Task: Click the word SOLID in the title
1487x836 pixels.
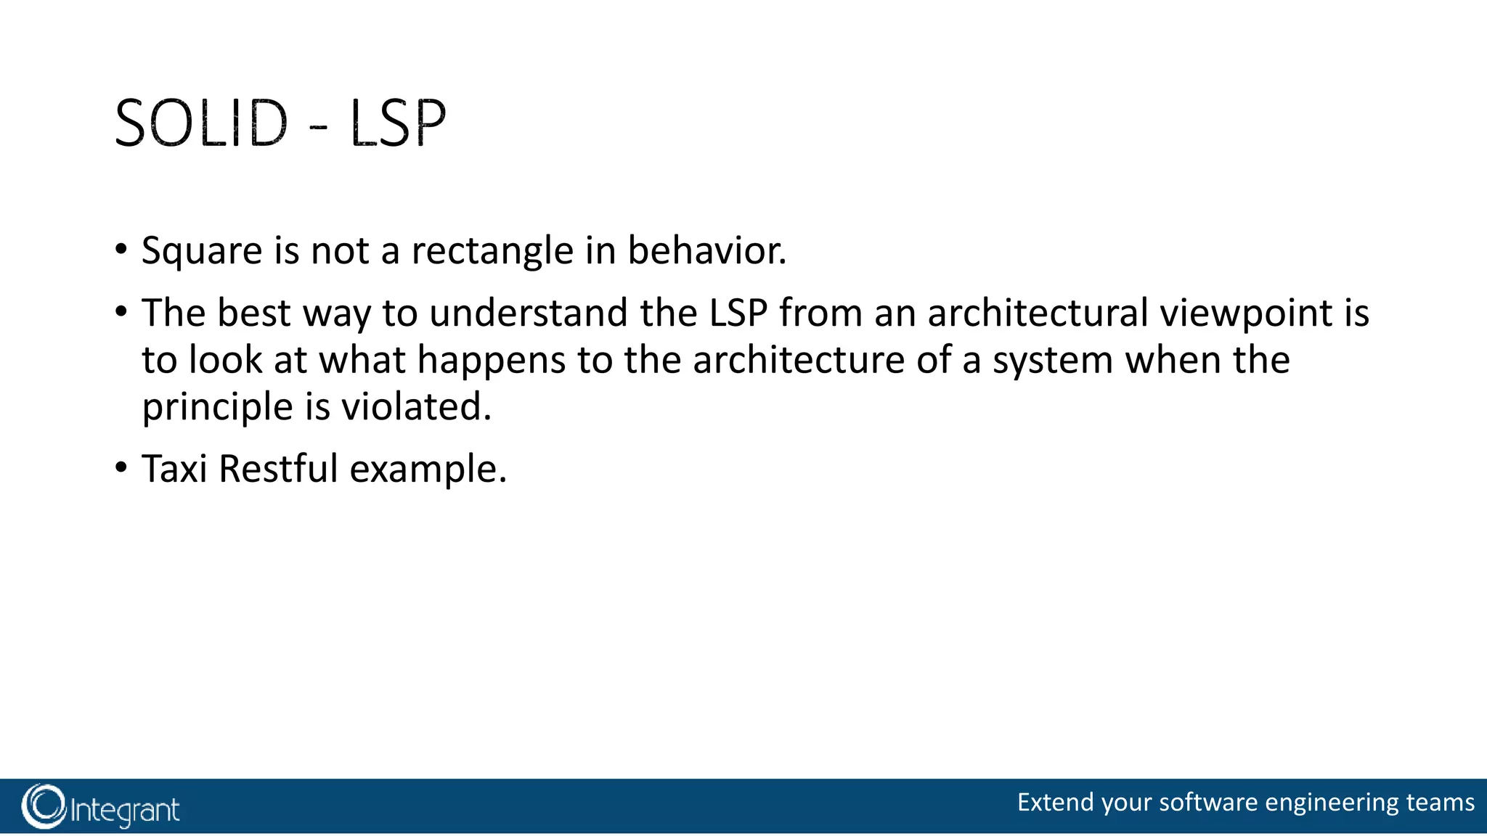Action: point(201,123)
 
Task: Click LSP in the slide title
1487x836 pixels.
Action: point(397,123)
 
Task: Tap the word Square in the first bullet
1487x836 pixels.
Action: point(202,252)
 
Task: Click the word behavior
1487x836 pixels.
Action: point(706,250)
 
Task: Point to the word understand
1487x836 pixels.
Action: point(528,313)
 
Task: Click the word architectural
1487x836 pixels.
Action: point(1038,313)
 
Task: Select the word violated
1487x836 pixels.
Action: point(416,406)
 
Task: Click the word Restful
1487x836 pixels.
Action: point(278,469)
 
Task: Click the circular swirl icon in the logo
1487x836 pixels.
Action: point(44,806)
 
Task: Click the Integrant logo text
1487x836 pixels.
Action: point(125,810)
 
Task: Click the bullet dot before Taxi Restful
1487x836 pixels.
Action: point(121,467)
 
